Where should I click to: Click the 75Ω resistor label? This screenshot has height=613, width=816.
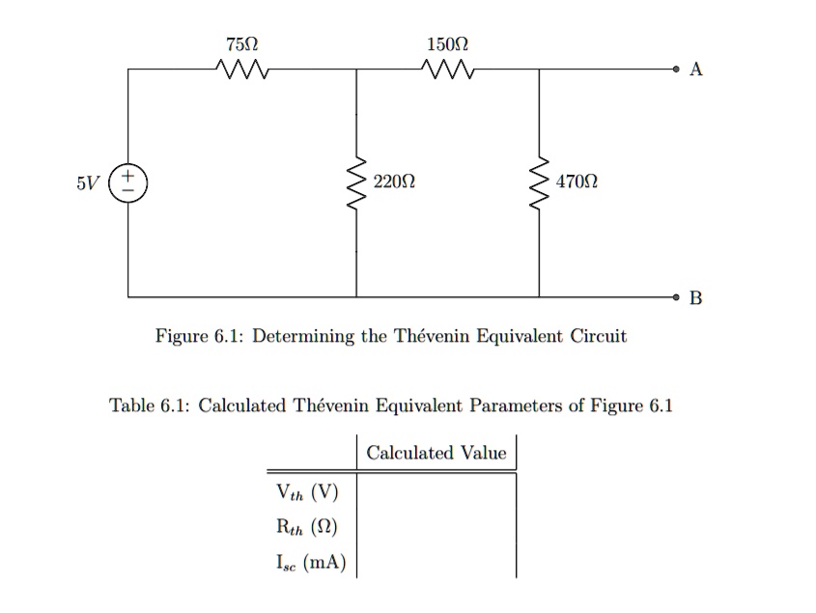[241, 44]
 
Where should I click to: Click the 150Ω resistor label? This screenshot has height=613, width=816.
[446, 44]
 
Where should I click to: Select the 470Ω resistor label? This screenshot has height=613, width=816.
[577, 181]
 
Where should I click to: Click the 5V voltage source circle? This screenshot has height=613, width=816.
[128, 182]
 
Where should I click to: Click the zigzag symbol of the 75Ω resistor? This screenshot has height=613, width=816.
[241, 70]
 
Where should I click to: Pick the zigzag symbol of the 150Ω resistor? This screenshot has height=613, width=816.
[446, 70]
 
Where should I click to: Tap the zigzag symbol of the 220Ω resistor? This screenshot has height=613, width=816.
[356, 183]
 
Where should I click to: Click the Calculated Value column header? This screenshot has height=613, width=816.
[436, 453]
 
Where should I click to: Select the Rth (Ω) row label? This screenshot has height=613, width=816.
[306, 527]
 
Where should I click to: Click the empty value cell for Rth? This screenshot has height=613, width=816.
[436, 527]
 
